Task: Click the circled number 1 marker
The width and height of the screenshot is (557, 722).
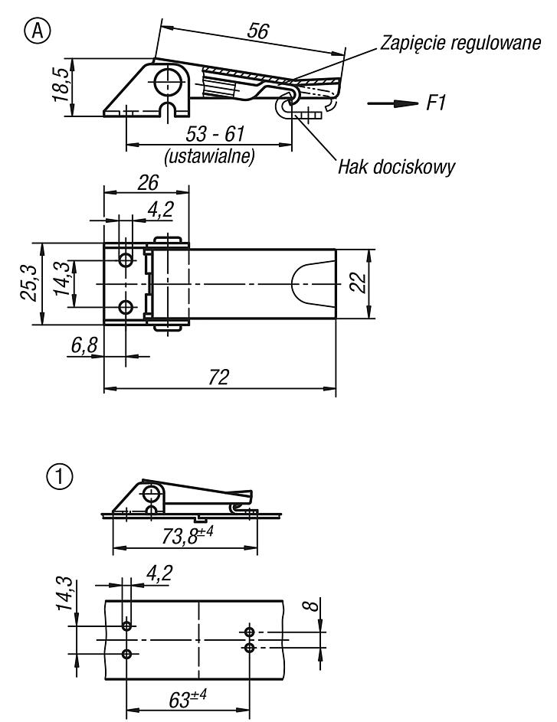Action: [x=60, y=476]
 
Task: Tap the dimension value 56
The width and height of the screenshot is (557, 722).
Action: [x=258, y=31]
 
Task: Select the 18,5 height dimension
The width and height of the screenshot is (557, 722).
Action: [x=62, y=85]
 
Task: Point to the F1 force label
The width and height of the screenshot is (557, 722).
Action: [x=436, y=103]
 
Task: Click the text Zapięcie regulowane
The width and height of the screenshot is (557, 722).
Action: [x=460, y=43]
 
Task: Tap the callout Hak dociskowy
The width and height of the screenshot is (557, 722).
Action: [x=396, y=167]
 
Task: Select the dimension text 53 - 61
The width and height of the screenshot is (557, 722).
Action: [x=215, y=134]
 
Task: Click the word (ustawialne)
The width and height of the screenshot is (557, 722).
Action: [x=209, y=156]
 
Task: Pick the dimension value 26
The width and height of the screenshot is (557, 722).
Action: [x=149, y=183]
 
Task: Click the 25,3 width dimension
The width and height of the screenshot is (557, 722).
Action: [x=31, y=286]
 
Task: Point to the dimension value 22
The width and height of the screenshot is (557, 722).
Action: [x=359, y=283]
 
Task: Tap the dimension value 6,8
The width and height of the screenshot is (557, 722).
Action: [x=85, y=345]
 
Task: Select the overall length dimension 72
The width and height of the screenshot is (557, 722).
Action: [x=218, y=377]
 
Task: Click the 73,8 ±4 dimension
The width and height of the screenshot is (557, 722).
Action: [x=188, y=535]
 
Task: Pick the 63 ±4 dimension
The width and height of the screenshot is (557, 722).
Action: [x=188, y=701]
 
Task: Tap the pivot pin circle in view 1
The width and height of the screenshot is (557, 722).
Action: [x=150, y=495]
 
